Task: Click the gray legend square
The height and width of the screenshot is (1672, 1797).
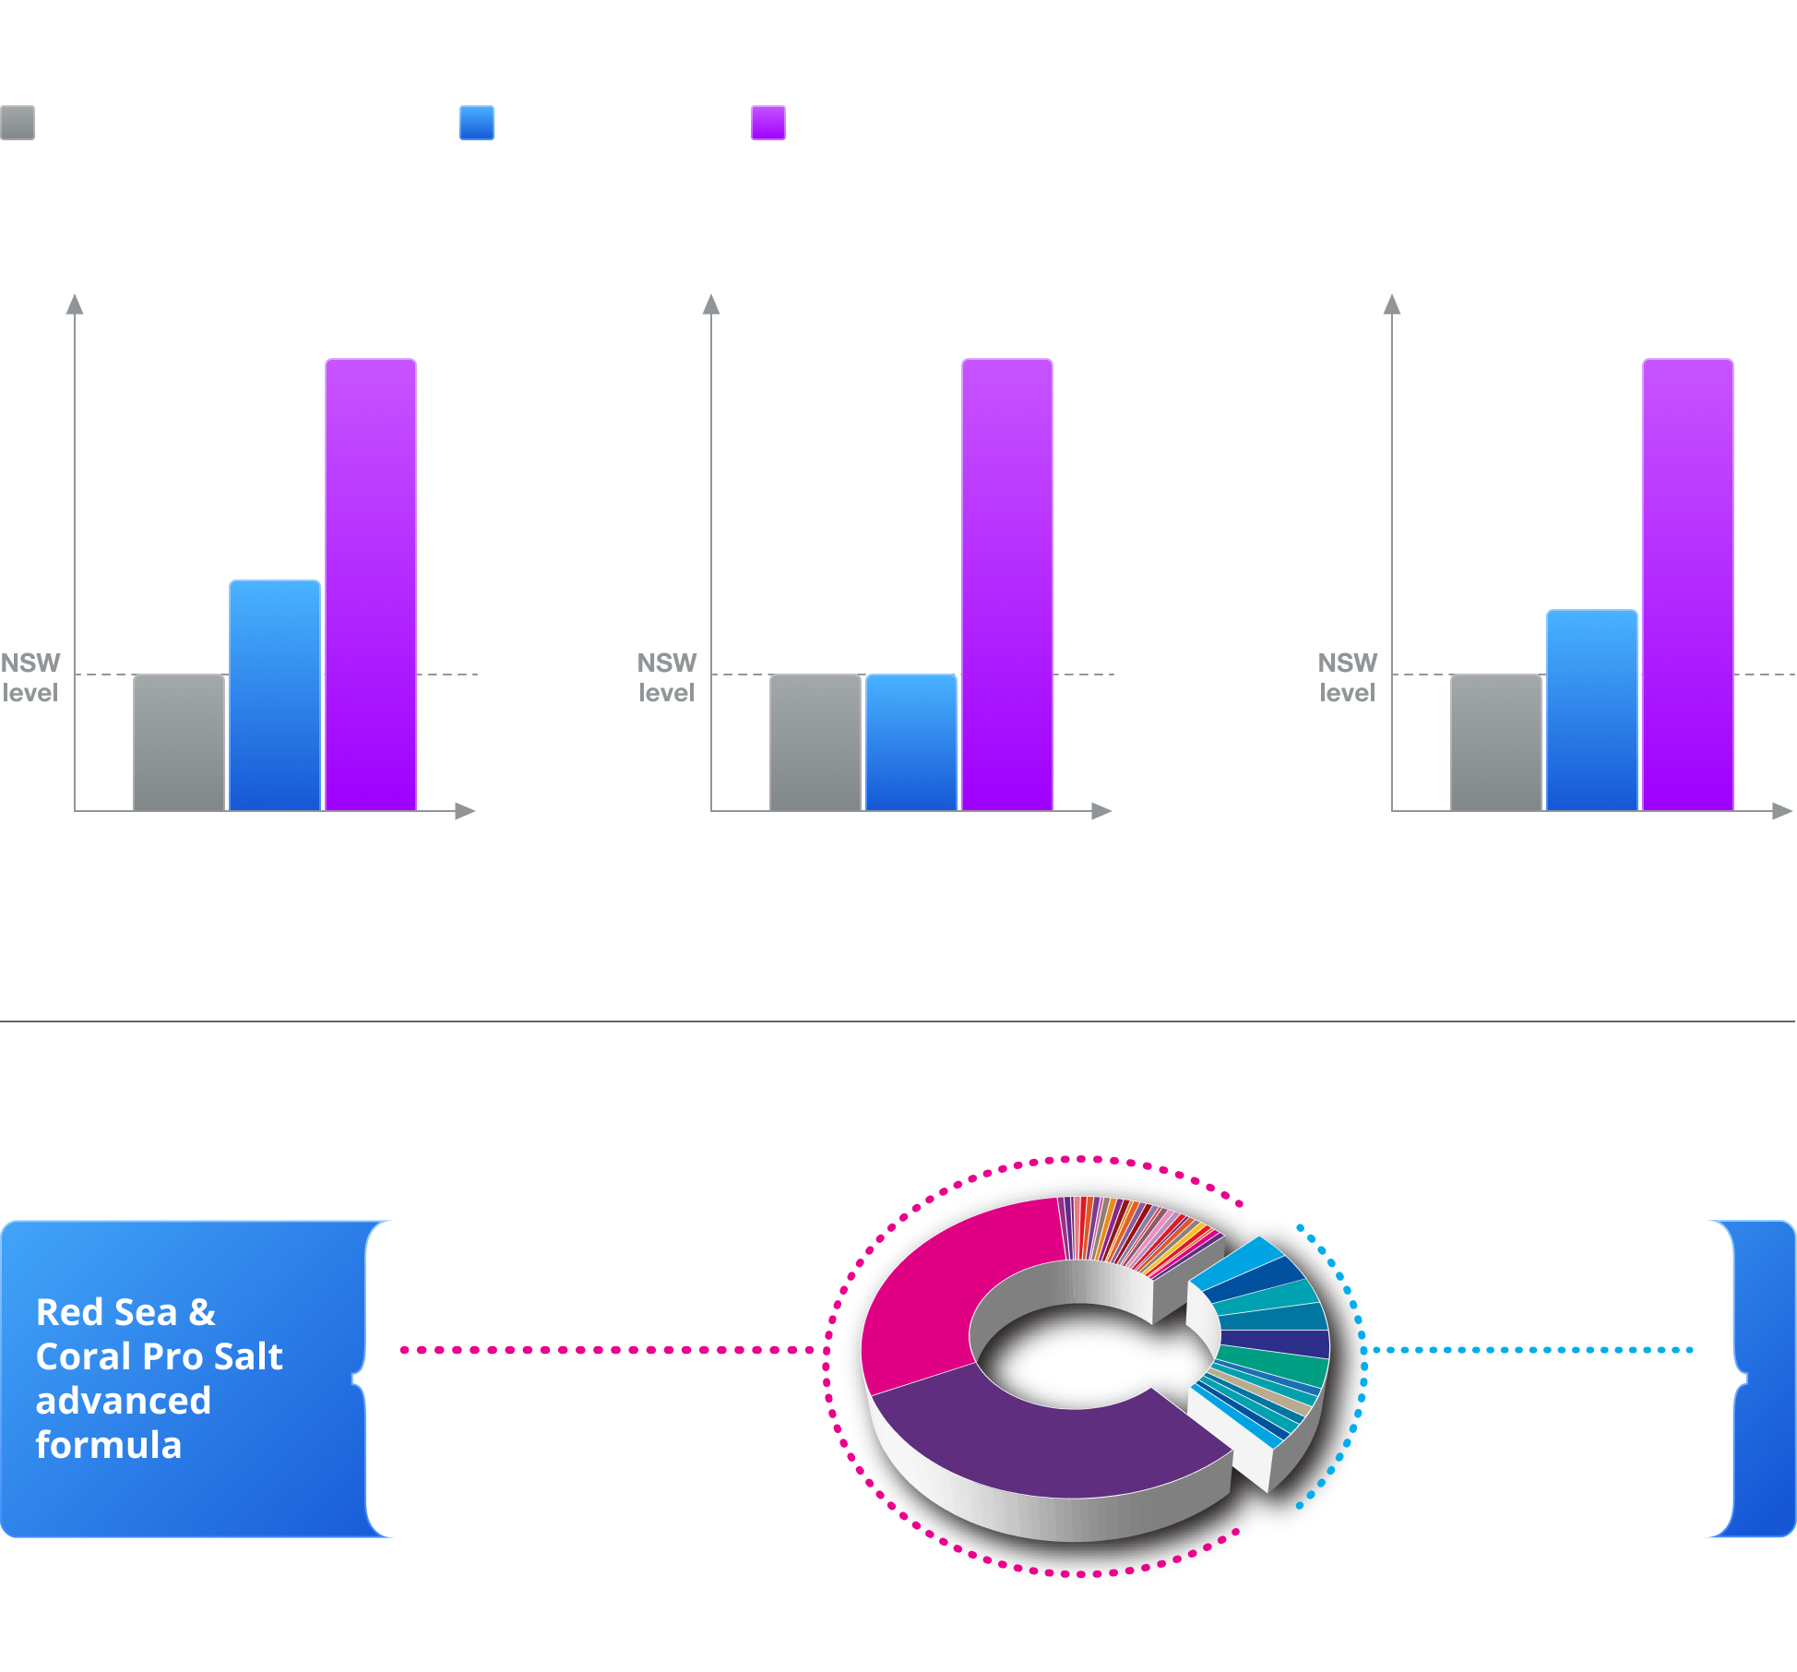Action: click(x=18, y=123)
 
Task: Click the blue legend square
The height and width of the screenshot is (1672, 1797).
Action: click(x=477, y=123)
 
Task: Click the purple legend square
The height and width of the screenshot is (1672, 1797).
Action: click(x=768, y=123)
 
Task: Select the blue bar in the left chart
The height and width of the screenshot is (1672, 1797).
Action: click(x=275, y=696)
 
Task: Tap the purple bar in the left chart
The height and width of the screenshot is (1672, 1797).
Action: click(x=371, y=585)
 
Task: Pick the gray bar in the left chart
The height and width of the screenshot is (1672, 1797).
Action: click(x=179, y=743)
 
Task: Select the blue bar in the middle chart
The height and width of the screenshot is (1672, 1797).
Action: click(x=911, y=743)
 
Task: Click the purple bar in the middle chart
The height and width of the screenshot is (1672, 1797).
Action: click(x=1007, y=585)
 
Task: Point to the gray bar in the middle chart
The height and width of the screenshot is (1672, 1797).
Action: click(x=815, y=743)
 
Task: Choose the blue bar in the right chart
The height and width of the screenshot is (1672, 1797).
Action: click(x=1592, y=711)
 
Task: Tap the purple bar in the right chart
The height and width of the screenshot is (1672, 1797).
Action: click(x=1688, y=585)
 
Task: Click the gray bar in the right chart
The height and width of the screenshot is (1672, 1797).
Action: click(x=1496, y=743)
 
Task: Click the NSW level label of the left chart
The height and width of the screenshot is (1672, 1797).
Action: click(x=30, y=677)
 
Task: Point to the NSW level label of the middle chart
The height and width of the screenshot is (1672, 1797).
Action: click(x=667, y=677)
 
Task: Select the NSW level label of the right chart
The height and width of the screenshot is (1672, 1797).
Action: click(x=1348, y=677)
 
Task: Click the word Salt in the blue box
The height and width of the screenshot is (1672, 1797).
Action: click(x=248, y=1356)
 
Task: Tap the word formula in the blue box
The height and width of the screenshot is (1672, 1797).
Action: click(x=109, y=1445)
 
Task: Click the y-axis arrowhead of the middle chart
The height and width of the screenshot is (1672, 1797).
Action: click(x=711, y=304)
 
